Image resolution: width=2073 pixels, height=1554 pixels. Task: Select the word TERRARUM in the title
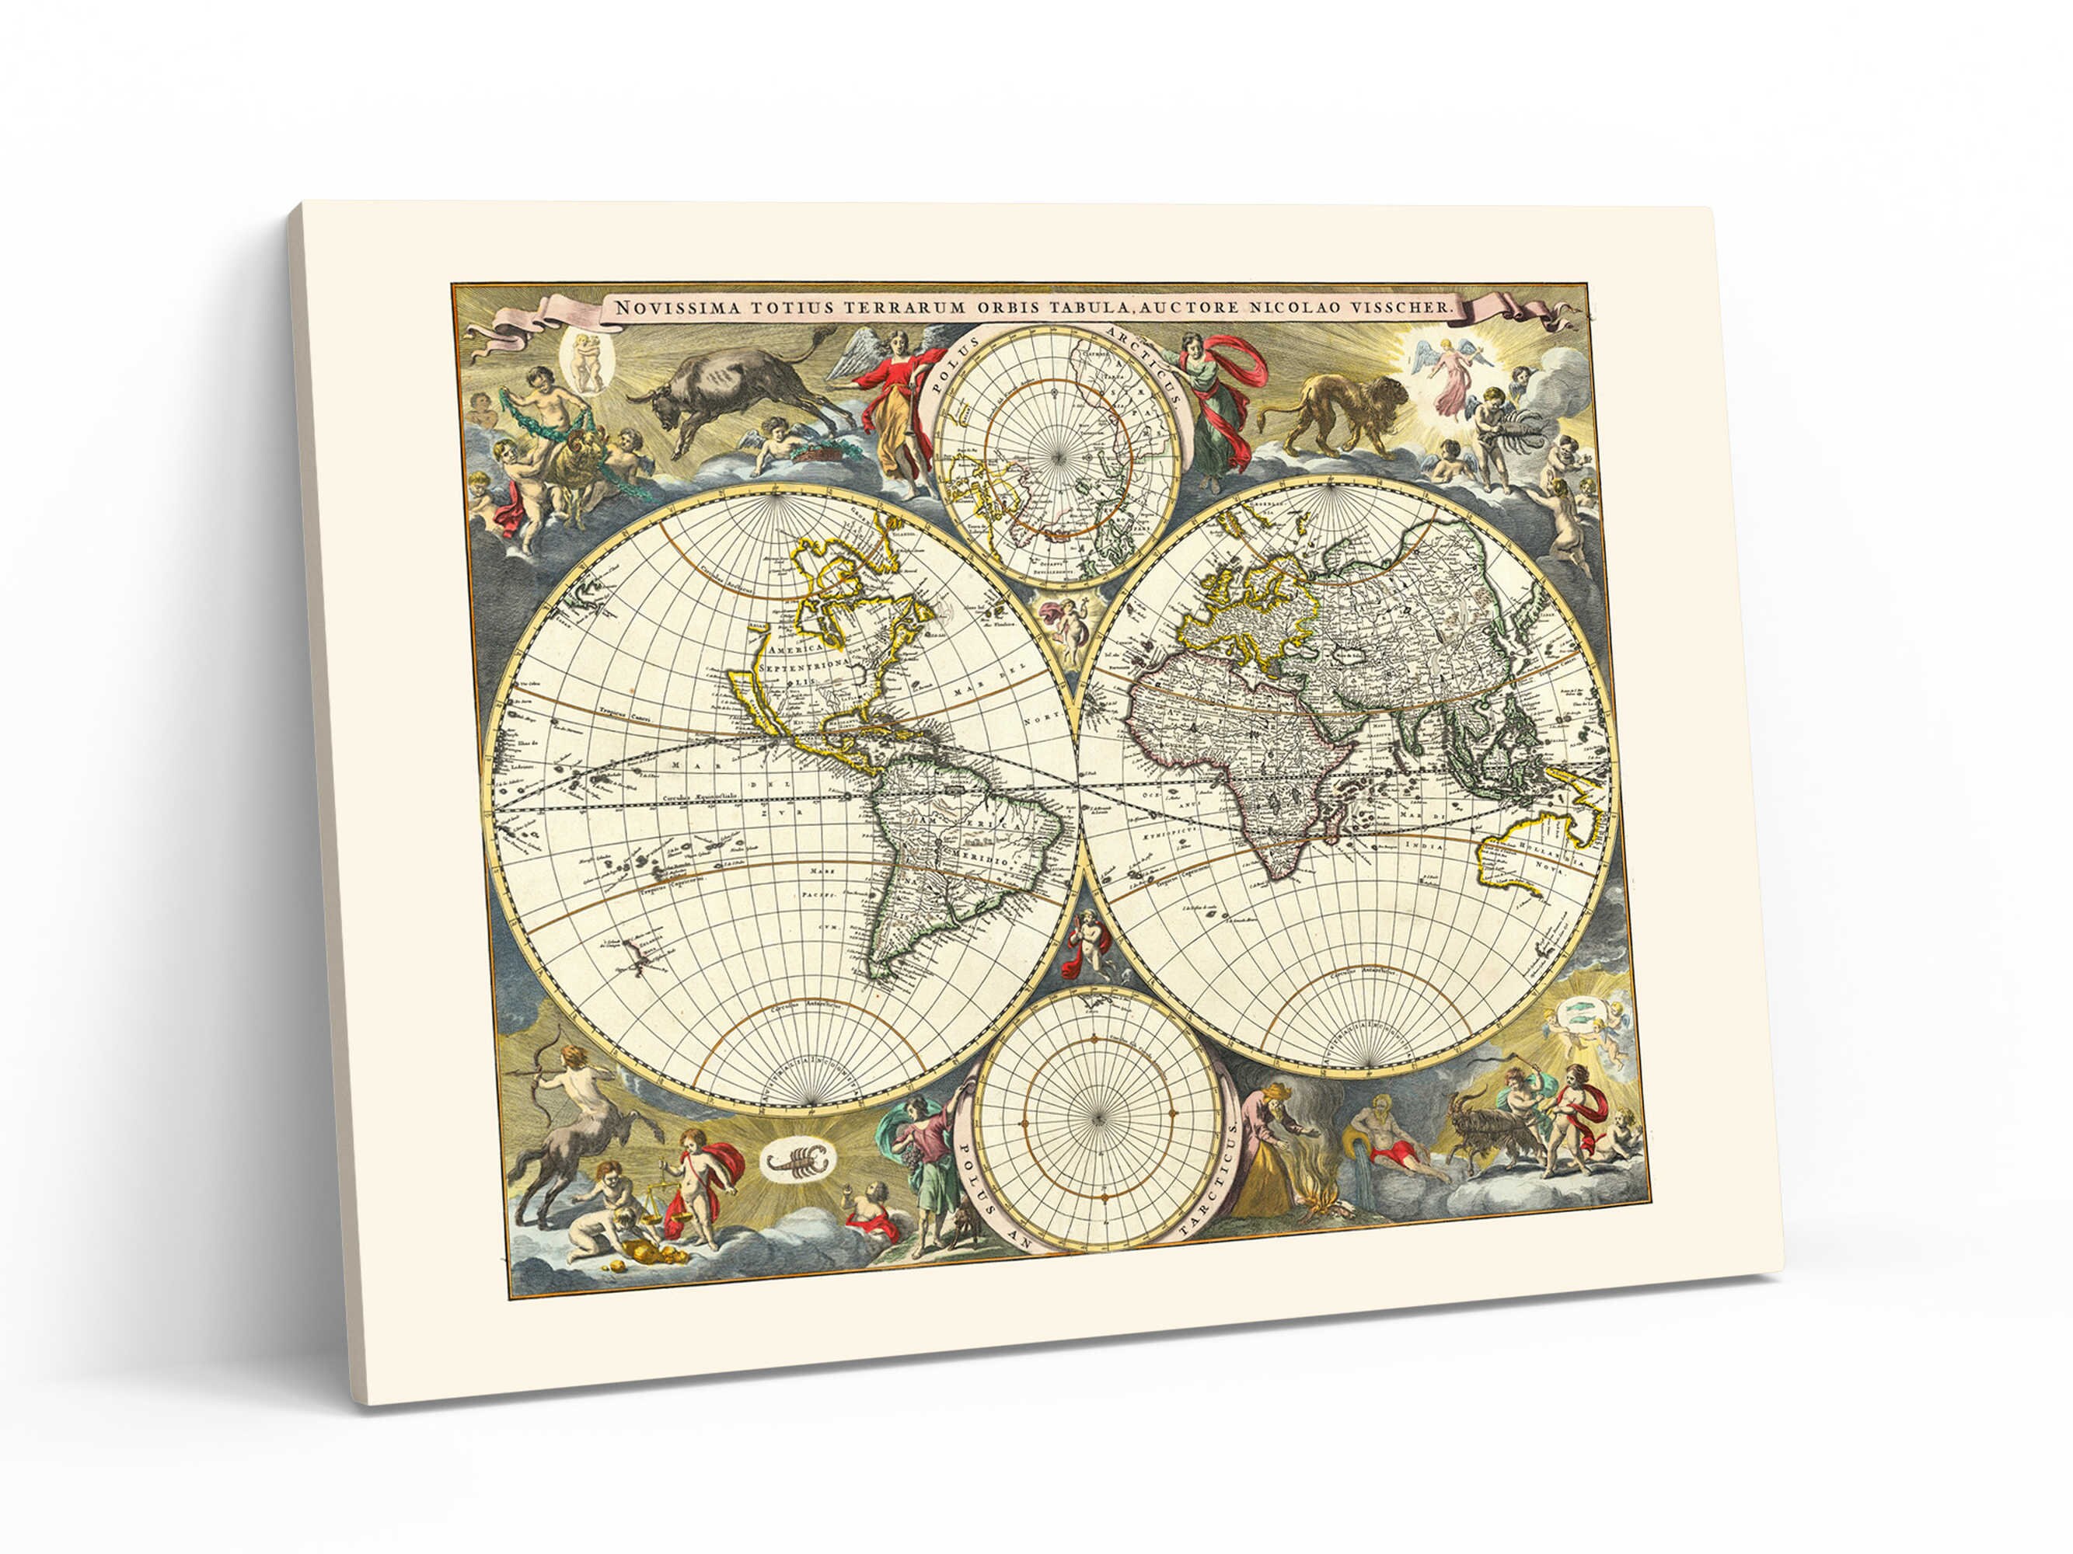coord(898,306)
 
